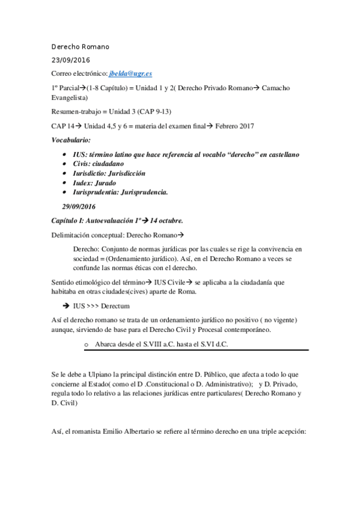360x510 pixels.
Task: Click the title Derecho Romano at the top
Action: click(x=81, y=47)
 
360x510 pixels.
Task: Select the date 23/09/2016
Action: click(x=70, y=60)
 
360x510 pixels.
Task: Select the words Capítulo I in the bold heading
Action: click(x=70, y=221)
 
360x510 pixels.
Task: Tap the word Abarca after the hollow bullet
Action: click(x=106, y=344)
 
